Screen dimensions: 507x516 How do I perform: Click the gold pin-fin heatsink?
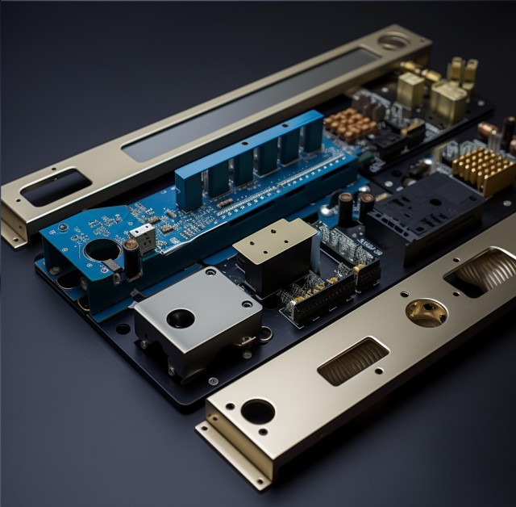(x=482, y=170)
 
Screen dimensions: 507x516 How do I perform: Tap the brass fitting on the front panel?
(x=427, y=311)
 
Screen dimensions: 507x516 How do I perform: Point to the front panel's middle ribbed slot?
(x=353, y=361)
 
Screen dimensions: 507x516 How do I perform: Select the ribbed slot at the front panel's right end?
(x=485, y=271)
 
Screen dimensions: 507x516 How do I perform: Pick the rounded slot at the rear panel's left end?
(x=56, y=187)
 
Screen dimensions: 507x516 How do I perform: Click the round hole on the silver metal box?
(x=181, y=317)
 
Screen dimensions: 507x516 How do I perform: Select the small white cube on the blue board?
(x=142, y=237)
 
